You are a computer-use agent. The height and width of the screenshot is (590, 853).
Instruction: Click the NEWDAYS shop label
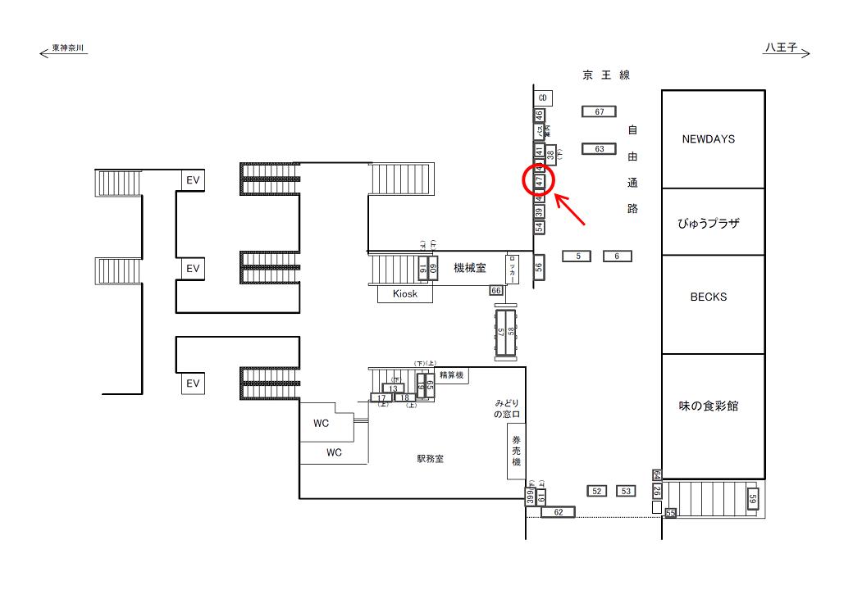708,139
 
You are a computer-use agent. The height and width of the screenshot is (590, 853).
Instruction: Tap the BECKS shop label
708,297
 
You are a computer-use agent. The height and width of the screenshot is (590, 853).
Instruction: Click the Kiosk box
405,294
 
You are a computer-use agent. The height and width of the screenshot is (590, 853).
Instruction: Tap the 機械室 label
470,268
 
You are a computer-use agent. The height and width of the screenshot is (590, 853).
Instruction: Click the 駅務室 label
430,459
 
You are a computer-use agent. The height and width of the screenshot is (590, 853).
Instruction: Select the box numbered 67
599,111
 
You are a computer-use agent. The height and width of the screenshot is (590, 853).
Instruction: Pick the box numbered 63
599,149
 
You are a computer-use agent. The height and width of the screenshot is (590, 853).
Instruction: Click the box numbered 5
577,256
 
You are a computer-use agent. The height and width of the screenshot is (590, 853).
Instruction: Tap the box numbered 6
617,256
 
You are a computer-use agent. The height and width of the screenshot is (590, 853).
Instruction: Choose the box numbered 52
597,491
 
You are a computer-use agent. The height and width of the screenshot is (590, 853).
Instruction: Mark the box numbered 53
626,491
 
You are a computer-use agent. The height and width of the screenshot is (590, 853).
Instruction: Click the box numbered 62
558,512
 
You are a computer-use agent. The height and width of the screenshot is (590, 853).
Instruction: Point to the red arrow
572,209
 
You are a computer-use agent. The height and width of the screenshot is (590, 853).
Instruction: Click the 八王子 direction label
781,49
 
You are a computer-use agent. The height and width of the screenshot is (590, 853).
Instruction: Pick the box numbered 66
495,290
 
